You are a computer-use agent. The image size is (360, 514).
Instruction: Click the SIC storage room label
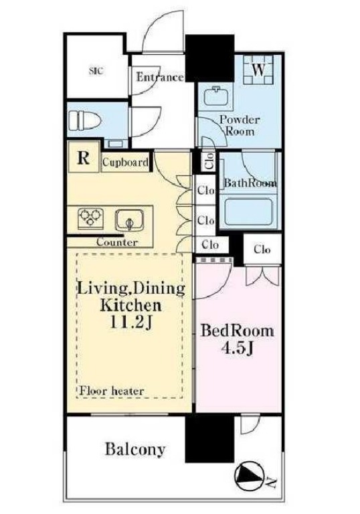pos(96,70)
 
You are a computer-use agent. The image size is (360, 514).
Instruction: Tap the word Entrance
pos(160,77)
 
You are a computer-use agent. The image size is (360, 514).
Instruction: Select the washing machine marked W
pos(258,70)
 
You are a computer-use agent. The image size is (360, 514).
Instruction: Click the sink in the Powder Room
pos(215,96)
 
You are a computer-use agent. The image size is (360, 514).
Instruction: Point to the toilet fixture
pos(84,120)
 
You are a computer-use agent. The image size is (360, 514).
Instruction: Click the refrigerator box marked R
pos(83,157)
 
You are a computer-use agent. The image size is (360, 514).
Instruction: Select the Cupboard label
pos(125,162)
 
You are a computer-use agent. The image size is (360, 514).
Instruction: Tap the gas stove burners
pos(90,218)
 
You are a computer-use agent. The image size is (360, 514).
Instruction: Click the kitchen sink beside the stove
pos(129,220)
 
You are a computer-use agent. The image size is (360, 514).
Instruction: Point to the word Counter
pos(117,242)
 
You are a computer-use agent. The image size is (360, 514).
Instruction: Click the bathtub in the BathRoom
pos(249,213)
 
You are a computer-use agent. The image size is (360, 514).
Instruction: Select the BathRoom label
pos(250,183)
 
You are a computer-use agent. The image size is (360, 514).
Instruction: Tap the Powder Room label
pos(240,126)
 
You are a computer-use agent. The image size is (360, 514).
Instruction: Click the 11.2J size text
pos(131,323)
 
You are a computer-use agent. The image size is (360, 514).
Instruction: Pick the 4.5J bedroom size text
pos(238,349)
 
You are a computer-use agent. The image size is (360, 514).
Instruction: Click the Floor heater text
pos(112,391)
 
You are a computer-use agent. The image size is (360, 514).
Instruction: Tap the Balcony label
pos(135,449)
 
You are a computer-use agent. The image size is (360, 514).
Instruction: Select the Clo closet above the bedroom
pos(262,250)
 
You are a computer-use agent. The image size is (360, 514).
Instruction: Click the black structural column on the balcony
pos(209,440)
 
